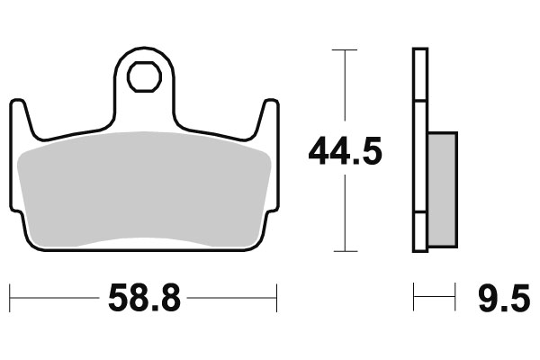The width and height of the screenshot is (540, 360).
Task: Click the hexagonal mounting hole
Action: click(142, 77)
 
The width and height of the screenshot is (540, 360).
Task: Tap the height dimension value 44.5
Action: click(346, 151)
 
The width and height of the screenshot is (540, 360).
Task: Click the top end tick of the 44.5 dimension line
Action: click(339, 50)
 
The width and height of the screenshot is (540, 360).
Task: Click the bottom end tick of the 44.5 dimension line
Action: click(339, 251)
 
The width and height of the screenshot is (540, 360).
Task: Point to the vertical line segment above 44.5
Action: click(339, 90)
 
